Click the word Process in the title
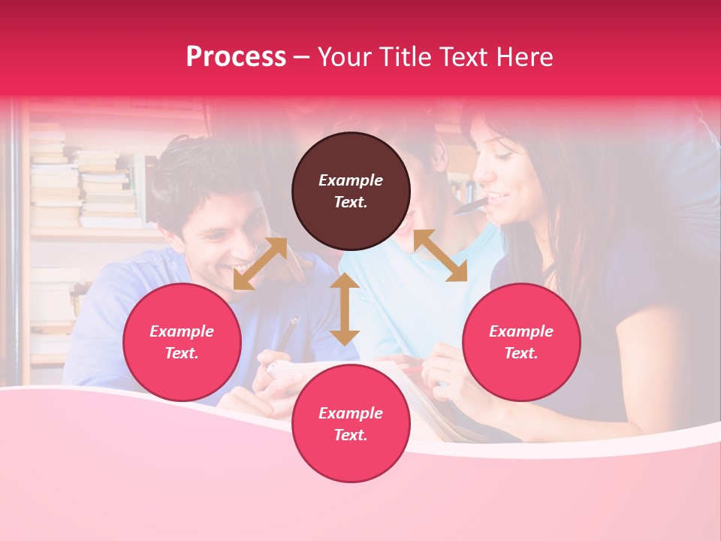click(x=236, y=57)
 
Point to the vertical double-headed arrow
click(x=345, y=309)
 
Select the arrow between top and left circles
click(x=260, y=264)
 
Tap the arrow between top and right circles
click(x=440, y=255)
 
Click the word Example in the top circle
click(x=351, y=180)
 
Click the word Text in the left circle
click(x=181, y=353)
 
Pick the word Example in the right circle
click(x=521, y=331)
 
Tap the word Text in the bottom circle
click(x=350, y=435)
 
